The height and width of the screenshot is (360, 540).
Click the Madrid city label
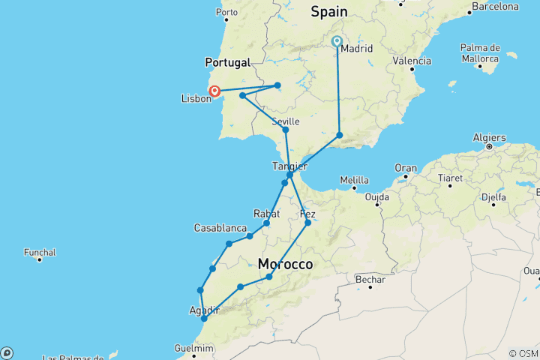tap(355, 50)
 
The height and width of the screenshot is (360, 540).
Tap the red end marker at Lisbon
tap(215, 91)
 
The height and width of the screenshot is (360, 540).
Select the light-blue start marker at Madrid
tap(337, 42)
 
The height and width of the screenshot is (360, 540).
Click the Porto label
tap(226, 12)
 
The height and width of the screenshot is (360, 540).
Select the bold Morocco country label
tap(285, 265)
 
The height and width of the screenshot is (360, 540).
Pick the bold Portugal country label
tap(226, 62)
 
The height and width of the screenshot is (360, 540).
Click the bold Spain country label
tap(329, 11)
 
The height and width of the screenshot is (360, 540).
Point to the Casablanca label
tap(220, 227)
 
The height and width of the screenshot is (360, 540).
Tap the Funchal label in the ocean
tap(40, 252)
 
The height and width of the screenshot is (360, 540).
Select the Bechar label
tap(370, 280)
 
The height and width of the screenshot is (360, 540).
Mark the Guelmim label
tap(193, 348)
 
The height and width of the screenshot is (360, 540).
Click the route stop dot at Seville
tap(285, 130)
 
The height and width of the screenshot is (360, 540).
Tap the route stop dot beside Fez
tap(307, 223)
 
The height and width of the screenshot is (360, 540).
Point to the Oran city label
tap(406, 167)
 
